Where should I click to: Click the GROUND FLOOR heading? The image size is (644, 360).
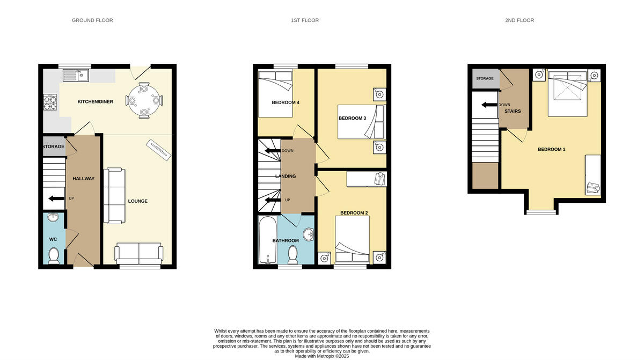coord(92,20)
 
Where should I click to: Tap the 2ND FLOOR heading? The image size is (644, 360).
coord(519,20)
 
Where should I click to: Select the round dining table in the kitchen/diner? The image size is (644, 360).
coord(144,99)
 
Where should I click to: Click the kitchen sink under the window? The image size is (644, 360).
coord(76,76)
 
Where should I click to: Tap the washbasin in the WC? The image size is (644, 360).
coord(53,218)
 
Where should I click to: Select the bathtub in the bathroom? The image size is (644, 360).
coord(267,240)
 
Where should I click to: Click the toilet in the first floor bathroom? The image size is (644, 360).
coord(293,255)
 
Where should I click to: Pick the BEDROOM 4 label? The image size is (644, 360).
coord(286,102)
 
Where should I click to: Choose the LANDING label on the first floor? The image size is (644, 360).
coord(286,177)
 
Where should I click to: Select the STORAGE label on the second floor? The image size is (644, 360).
coord(485,79)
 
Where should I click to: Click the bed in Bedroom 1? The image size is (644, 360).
coord(568,93)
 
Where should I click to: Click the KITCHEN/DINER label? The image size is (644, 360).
coord(95,101)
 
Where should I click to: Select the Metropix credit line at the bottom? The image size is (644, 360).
coord(322,356)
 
